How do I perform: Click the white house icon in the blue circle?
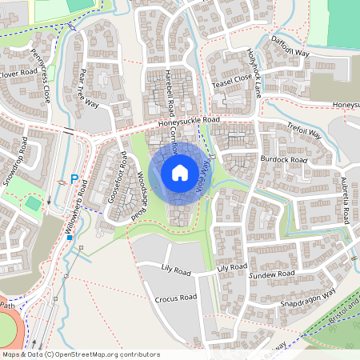[180, 173]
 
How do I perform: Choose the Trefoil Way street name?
[303, 131]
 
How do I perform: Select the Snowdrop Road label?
[15, 162]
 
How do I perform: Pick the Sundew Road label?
[272, 274]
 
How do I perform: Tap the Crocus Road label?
[176, 298]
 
